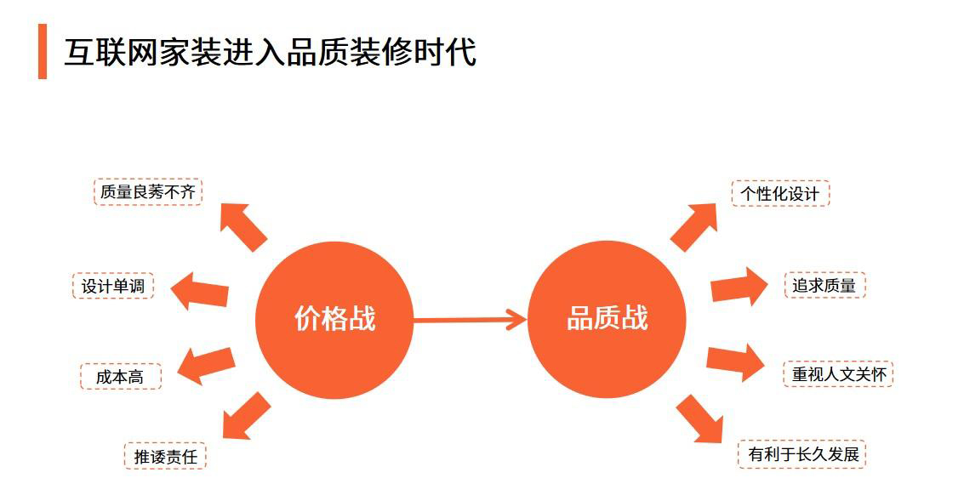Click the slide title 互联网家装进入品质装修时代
tap(270, 52)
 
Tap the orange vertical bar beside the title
tap(43, 52)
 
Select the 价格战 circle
tap(334, 320)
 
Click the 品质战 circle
tap(607, 319)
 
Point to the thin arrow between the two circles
tap(471, 320)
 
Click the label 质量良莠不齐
tap(147, 191)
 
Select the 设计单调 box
tap(113, 286)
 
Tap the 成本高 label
tap(121, 377)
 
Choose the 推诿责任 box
tap(165, 457)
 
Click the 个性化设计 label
tap(780, 194)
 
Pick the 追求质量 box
tap(824, 285)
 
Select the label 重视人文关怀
tap(839, 373)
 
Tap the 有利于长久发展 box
tap(802, 455)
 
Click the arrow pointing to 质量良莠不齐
tap(242, 226)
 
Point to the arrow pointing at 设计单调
tap(200, 291)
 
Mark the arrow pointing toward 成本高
tap(206, 366)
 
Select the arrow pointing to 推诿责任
tap(246, 416)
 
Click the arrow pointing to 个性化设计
tap(693, 227)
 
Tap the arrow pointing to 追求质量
tap(739, 287)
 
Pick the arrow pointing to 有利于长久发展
tap(699, 418)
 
